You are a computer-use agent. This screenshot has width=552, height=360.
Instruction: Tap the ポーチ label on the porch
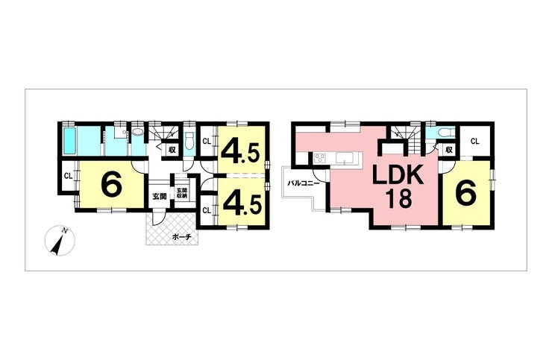point(181,236)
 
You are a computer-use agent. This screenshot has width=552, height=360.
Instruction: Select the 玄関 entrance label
point(159,197)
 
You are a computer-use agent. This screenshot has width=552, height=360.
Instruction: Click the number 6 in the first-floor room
point(111,184)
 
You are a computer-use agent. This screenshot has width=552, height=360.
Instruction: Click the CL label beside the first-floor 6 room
point(67,177)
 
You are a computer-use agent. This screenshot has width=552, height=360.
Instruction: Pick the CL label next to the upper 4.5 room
point(206,141)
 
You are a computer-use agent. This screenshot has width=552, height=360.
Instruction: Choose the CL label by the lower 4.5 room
point(206,210)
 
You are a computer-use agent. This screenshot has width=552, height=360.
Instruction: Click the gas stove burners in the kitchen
point(320,157)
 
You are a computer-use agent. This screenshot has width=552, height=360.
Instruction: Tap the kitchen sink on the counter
point(347,157)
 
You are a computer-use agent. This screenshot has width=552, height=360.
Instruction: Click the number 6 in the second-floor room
point(465,194)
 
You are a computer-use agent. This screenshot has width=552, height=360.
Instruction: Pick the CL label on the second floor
point(474,141)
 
